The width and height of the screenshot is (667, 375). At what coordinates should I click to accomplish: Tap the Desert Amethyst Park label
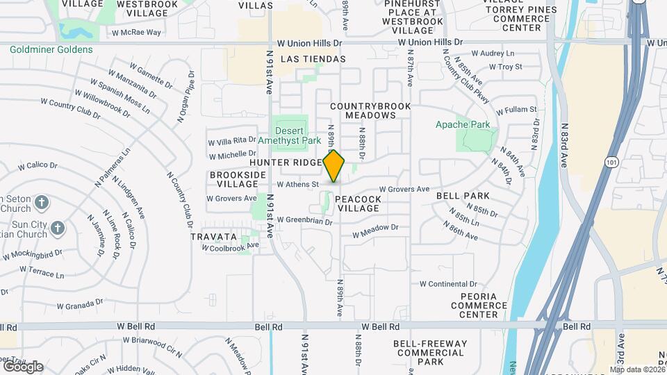click(x=292, y=135)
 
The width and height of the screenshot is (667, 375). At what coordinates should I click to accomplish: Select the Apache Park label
click(x=462, y=125)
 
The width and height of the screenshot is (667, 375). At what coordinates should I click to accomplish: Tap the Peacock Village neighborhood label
click(x=357, y=203)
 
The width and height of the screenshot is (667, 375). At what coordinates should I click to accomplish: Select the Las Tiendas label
click(x=313, y=59)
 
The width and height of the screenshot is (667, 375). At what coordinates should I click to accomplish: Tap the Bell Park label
click(x=463, y=197)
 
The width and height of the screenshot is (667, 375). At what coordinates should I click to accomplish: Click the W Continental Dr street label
click(x=448, y=284)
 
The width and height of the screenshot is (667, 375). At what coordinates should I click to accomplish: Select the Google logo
click(x=23, y=367)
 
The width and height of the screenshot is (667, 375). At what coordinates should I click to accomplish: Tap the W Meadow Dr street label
click(x=374, y=227)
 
